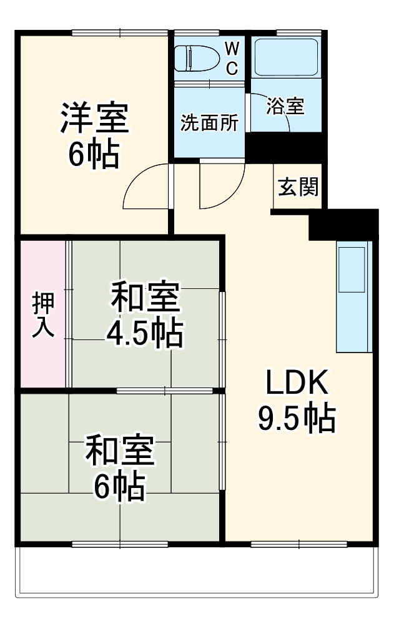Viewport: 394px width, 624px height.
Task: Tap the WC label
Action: (x=231, y=58)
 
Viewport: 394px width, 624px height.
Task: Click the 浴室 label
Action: (x=285, y=106)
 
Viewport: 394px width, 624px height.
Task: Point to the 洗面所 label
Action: (x=209, y=123)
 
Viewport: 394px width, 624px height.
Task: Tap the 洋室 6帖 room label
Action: (x=94, y=135)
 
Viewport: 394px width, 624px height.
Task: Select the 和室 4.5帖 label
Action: (x=145, y=315)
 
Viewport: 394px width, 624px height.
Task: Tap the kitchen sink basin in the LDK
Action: (x=352, y=269)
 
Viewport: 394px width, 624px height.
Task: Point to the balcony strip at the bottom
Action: (x=197, y=571)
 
